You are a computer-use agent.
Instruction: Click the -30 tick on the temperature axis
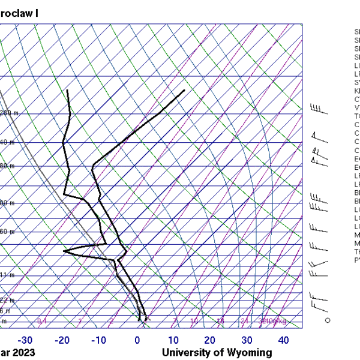tap(25, 341)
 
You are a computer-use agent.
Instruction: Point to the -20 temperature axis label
tap(62, 341)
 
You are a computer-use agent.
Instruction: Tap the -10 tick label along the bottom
tap(99, 341)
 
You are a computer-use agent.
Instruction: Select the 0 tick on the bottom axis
tap(137, 341)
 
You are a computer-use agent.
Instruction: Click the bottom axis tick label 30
tap(247, 341)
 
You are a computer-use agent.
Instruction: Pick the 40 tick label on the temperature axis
tap(283, 341)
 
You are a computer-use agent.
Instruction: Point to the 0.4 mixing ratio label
tap(42, 322)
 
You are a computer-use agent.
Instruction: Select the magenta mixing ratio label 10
tap(194, 322)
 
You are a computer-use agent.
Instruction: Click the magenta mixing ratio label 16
tap(220, 322)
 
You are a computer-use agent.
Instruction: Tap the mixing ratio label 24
tap(244, 322)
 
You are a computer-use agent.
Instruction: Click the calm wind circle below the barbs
tap(328, 320)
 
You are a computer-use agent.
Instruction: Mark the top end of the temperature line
tap(184, 90)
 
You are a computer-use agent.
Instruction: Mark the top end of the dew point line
tap(68, 90)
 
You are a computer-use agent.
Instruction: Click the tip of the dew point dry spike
tap(64, 250)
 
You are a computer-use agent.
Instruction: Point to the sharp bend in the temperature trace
tap(93, 169)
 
